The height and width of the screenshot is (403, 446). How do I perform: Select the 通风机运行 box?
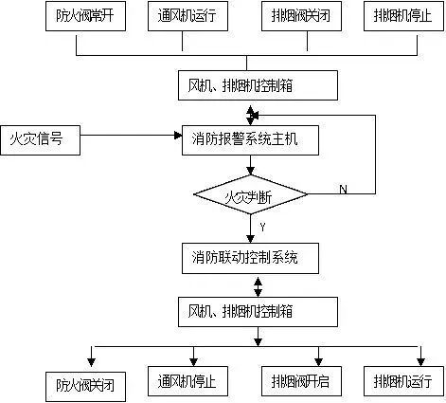[x=194, y=16]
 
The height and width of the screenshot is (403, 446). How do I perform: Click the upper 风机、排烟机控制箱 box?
[x=257, y=84]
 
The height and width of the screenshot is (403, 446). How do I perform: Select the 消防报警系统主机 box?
[x=250, y=140]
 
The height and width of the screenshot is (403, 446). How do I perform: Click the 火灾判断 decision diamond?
[x=251, y=196]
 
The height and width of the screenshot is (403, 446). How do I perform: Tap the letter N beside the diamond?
[x=343, y=190]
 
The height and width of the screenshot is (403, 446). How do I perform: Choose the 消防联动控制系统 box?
[x=250, y=256]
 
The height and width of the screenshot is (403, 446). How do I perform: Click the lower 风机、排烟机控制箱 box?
[x=257, y=309]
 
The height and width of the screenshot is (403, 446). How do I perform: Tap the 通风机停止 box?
[x=194, y=381]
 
